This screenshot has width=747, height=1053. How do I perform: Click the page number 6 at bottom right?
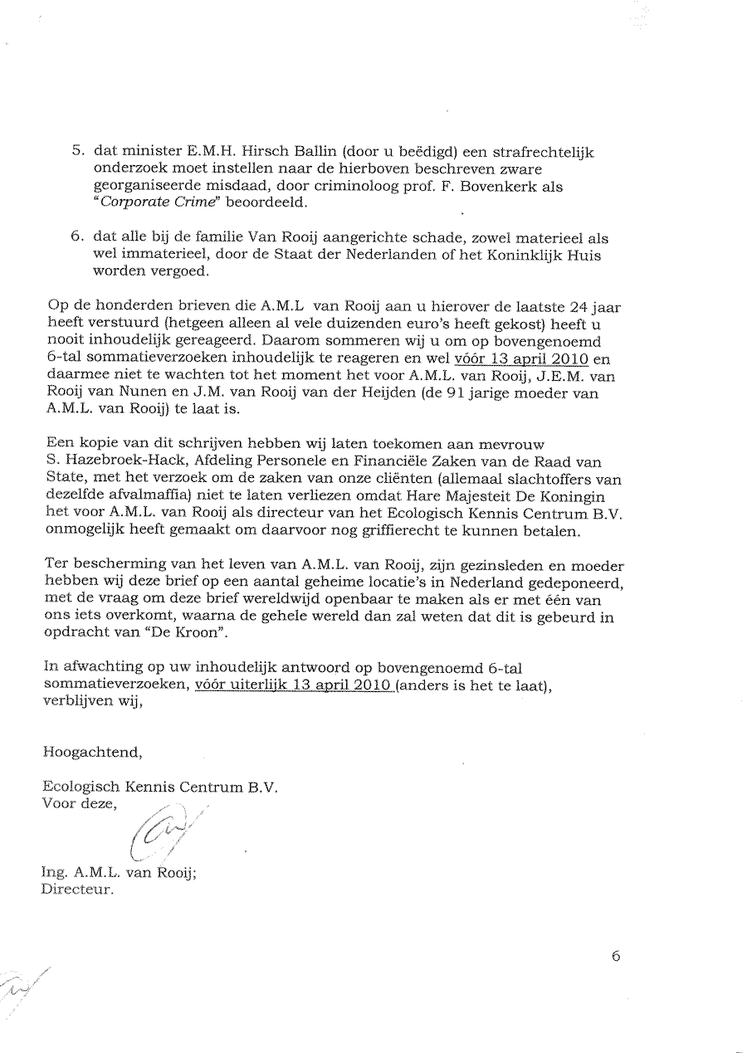click(x=615, y=955)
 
